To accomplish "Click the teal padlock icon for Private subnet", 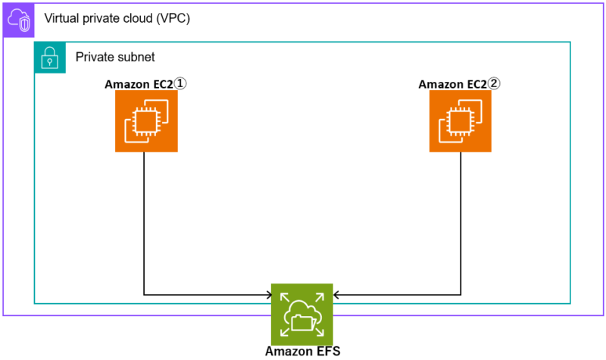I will pyautogui.click(x=50, y=58).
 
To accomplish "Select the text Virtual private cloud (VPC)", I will pyautogui.click(x=117, y=18).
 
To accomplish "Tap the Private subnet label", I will pyautogui.click(x=115, y=58).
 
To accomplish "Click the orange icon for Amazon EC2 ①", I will pyautogui.click(x=146, y=121).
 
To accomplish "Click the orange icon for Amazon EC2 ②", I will pyautogui.click(x=461, y=121).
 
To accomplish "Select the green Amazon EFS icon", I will pyautogui.click(x=301, y=314).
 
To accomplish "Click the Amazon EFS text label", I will pyautogui.click(x=302, y=352).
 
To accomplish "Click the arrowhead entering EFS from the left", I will pyautogui.click(x=267, y=294).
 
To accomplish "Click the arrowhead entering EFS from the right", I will pyautogui.click(x=337, y=294).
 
